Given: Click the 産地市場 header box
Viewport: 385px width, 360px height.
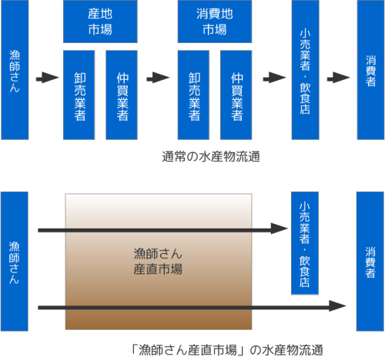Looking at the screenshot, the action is (100, 22).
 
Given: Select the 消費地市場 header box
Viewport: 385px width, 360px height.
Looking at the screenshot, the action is (215, 22).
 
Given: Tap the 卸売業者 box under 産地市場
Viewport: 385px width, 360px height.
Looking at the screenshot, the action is (79, 95).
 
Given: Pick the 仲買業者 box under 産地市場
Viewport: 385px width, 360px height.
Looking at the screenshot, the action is (122, 95).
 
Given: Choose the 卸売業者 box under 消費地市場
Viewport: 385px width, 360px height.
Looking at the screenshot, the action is (193, 95).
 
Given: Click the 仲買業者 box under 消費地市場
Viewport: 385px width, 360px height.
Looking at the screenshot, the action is (236, 95).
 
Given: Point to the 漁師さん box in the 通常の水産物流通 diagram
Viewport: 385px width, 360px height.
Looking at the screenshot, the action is (15, 70).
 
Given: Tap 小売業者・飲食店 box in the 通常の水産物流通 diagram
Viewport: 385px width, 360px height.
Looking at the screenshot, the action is (305, 70).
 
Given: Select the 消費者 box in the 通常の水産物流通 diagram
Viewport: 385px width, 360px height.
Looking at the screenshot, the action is (370, 70).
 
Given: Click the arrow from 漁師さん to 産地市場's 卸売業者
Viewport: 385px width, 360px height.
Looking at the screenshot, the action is (47, 78).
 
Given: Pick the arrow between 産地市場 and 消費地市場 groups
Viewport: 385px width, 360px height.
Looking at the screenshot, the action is (158, 78).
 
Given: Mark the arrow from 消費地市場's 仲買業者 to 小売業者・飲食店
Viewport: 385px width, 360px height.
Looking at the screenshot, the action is (274, 78).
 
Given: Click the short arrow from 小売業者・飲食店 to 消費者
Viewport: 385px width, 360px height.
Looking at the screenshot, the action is (338, 78).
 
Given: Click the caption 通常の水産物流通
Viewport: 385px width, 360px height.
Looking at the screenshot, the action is (211, 157).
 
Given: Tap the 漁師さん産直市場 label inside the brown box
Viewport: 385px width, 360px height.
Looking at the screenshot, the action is (158, 262).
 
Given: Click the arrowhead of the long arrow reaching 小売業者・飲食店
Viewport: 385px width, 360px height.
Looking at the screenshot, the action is (280, 228).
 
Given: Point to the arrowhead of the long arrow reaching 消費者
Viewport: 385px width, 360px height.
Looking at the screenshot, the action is (337, 305).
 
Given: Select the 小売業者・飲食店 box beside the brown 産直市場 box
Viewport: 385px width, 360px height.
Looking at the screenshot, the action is (305, 243).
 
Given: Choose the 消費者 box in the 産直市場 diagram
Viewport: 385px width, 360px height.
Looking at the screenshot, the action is (370, 262).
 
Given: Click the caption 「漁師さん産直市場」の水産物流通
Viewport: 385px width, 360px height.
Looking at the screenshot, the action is (227, 350).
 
